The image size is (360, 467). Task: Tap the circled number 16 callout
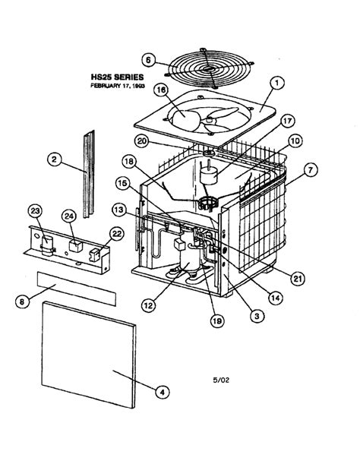161,90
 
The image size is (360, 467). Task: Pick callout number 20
163,140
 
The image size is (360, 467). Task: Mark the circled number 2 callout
54,159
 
